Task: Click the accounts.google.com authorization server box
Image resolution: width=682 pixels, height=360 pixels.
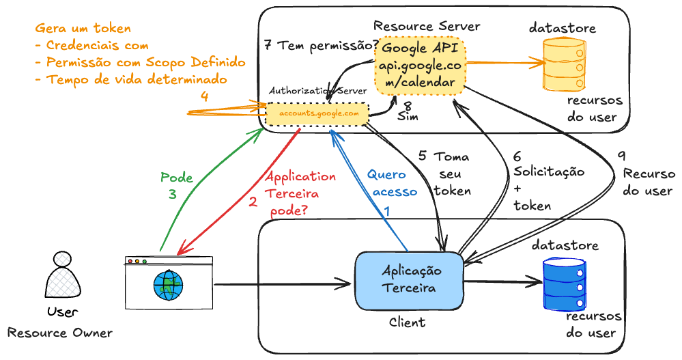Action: [x=318, y=114]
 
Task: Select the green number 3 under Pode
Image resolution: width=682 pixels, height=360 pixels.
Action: [x=172, y=194]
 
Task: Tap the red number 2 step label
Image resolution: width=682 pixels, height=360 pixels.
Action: [x=253, y=202]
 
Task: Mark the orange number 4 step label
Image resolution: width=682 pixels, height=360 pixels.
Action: [x=204, y=96]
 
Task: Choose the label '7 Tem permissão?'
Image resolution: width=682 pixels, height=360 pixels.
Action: [x=321, y=46]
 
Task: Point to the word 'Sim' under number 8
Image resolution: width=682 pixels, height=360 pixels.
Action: [x=408, y=117]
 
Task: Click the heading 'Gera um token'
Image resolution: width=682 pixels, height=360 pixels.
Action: [x=83, y=29]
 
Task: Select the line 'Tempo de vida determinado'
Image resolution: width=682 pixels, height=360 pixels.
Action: [x=130, y=80]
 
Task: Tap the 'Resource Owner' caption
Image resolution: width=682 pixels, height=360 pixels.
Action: [x=60, y=333]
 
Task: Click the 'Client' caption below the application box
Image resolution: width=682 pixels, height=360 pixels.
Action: [x=407, y=322]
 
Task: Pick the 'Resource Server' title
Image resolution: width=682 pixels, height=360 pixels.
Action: [x=427, y=26]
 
